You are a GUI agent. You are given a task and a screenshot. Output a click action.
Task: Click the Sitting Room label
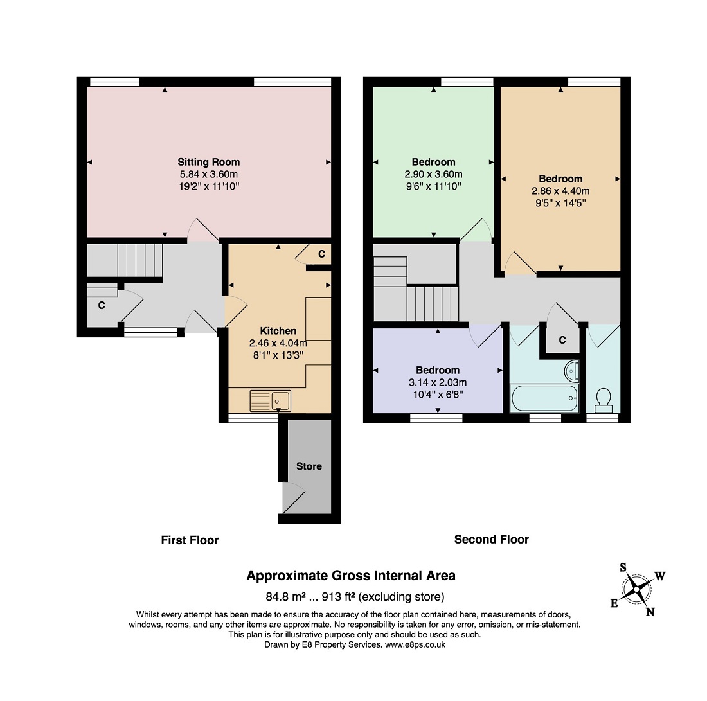click(x=208, y=162)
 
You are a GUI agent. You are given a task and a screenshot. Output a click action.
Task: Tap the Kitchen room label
click(x=278, y=331)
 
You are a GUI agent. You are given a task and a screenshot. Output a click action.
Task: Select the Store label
click(x=309, y=466)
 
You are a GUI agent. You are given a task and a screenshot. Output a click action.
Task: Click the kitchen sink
click(x=271, y=401)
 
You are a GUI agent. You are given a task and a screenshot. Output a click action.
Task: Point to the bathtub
click(x=544, y=398)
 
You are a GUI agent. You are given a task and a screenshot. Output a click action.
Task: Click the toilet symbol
click(x=604, y=401)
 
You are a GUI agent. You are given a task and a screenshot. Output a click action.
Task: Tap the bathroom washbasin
click(x=571, y=371)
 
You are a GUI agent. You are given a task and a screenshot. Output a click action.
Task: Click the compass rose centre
click(x=636, y=589)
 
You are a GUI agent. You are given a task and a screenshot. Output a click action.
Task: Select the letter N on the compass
click(x=650, y=612)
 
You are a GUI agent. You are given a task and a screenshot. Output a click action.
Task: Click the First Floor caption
click(x=190, y=540)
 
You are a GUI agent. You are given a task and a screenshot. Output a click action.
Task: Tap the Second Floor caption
click(x=492, y=539)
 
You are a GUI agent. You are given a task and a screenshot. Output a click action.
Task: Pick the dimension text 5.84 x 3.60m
click(x=209, y=175)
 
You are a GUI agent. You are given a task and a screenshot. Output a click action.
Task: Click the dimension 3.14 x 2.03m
click(x=438, y=383)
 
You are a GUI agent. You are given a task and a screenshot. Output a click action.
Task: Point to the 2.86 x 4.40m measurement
click(x=560, y=191)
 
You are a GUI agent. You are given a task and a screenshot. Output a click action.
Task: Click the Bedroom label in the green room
click(x=434, y=162)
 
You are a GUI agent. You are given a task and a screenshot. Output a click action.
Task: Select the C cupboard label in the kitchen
click(x=321, y=254)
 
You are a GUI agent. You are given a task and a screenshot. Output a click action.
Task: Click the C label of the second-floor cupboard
click(x=562, y=340)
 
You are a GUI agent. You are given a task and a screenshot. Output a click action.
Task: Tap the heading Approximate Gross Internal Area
click(x=351, y=576)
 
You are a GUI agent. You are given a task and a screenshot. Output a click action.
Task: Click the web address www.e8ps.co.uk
click(x=415, y=644)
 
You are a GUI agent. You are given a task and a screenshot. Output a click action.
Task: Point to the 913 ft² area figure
click(x=337, y=597)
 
